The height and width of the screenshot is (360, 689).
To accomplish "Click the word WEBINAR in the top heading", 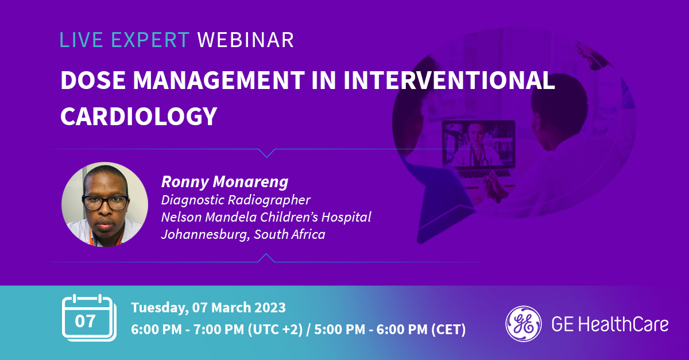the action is tap(246, 40).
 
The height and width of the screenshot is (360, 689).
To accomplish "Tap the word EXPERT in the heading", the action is tap(150, 40).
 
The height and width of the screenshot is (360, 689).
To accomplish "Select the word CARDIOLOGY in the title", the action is tap(139, 117).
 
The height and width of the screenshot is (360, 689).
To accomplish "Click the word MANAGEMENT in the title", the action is tap(219, 80).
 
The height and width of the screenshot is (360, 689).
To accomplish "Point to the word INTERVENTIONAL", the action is tap(449, 80).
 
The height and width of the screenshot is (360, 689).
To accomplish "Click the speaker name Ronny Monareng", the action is tap(225, 182).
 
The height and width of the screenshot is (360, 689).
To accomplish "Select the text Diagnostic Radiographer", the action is tap(236, 200).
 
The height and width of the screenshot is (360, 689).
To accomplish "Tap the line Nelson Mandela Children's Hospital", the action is tap(266, 217).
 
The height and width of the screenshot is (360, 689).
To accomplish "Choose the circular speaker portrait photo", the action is tap(104, 204).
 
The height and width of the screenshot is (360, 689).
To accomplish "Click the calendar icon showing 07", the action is tap(89, 318).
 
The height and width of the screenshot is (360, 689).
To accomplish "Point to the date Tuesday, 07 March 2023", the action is tap(208, 308).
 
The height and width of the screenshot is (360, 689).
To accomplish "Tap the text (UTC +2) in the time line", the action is tap(275, 330).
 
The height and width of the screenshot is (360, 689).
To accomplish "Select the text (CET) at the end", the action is tap(448, 330).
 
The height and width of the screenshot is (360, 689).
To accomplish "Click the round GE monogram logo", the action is tap(524, 324).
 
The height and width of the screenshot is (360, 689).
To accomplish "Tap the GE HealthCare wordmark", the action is tap(610, 324).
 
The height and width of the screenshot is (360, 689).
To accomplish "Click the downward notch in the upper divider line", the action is tap(266, 153).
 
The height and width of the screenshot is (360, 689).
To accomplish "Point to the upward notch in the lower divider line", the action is tap(266, 258).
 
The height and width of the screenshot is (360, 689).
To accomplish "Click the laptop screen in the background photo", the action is tap(479, 144).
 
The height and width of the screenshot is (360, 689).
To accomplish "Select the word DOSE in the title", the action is tap(93, 80).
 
